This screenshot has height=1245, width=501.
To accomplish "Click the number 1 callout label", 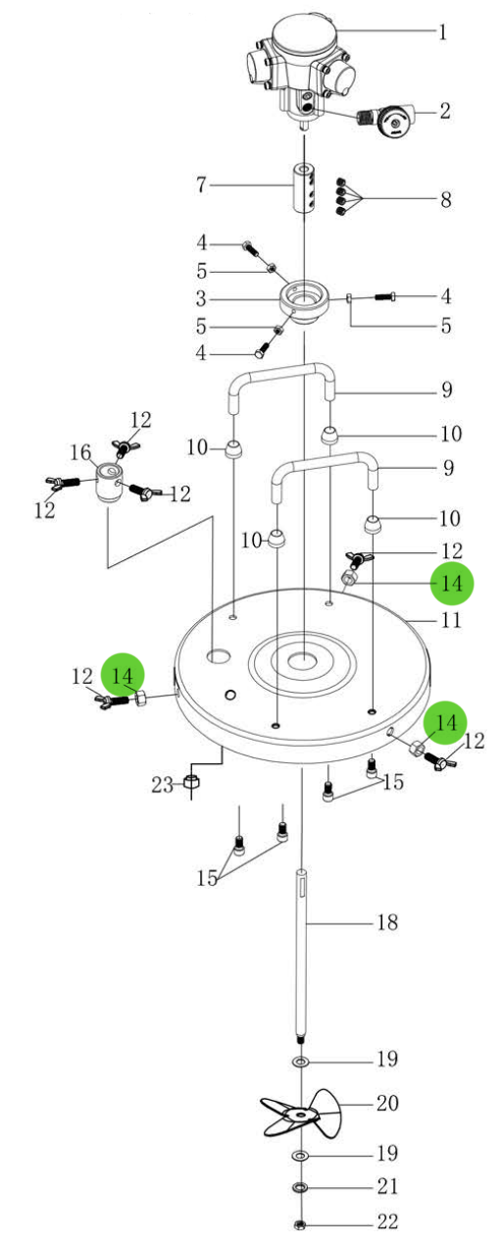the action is [443, 32].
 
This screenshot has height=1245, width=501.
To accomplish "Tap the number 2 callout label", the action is [444, 111].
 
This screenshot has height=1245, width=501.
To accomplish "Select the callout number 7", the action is [201, 184].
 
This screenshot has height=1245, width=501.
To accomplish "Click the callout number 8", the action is [445, 199].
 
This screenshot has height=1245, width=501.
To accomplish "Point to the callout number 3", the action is [201, 299].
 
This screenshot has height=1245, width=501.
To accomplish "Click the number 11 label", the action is [451, 619].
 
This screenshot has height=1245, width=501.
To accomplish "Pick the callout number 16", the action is [80, 452].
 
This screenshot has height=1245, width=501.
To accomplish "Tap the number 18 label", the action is [387, 922].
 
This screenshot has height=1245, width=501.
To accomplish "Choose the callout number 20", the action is [387, 1103].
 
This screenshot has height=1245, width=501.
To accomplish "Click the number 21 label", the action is [387, 1186].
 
